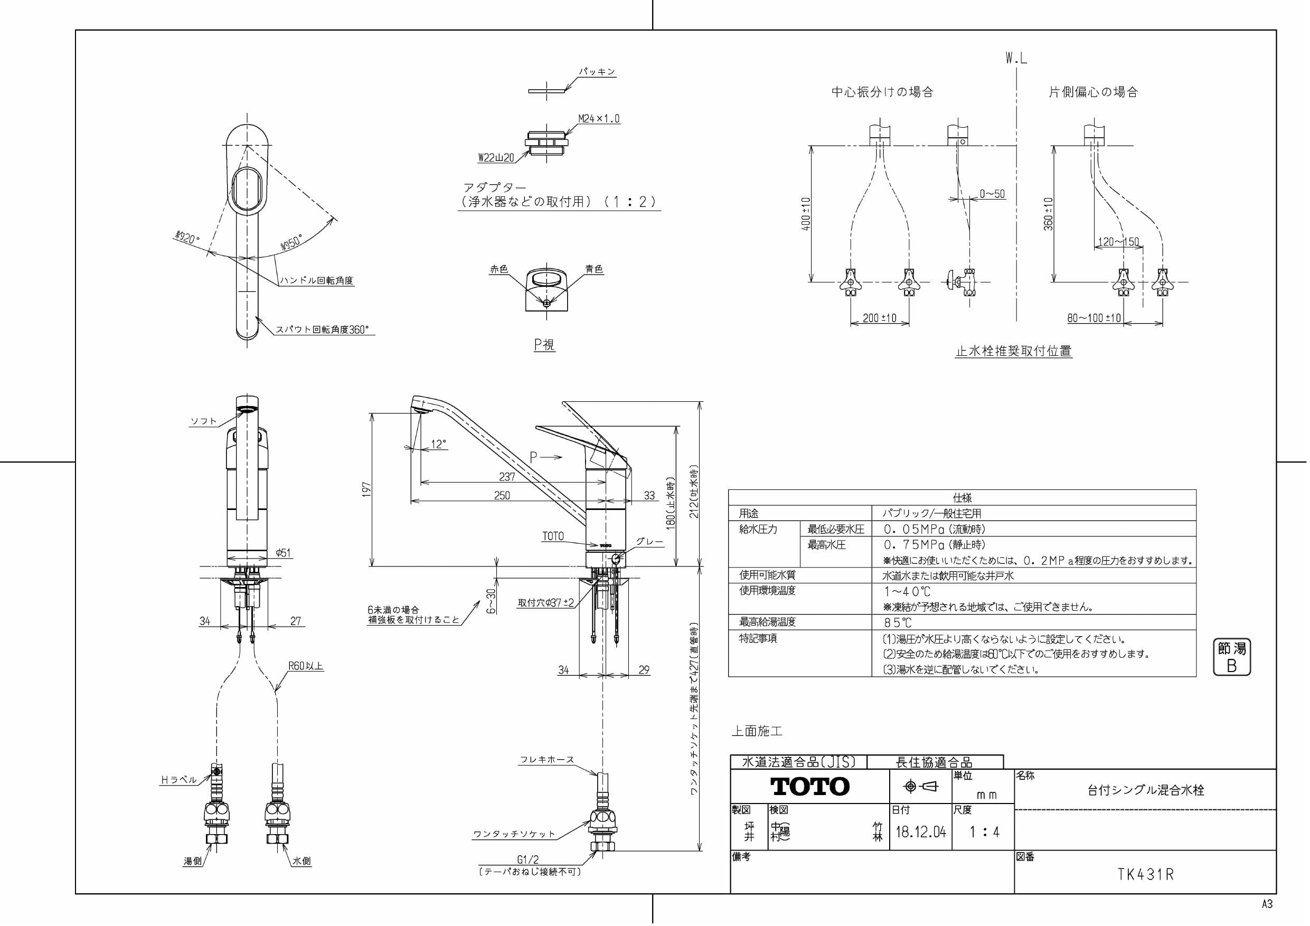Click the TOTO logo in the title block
(x=809, y=787)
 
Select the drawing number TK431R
(x=1145, y=875)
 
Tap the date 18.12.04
(x=920, y=832)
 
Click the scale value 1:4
(x=984, y=832)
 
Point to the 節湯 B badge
(x=1231, y=657)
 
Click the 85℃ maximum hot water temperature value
(x=898, y=623)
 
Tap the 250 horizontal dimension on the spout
(x=502, y=496)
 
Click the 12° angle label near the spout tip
(x=438, y=445)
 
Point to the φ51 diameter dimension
(x=283, y=552)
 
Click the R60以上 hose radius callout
(x=306, y=666)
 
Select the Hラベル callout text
(x=178, y=780)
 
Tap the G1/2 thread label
(x=528, y=860)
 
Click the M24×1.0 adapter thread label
(x=599, y=119)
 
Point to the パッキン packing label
(x=597, y=72)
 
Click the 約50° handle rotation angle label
(x=290, y=242)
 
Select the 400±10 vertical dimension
(x=806, y=214)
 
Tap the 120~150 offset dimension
(x=1118, y=242)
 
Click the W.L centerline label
(x=1016, y=58)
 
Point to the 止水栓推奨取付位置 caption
(x=1013, y=352)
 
